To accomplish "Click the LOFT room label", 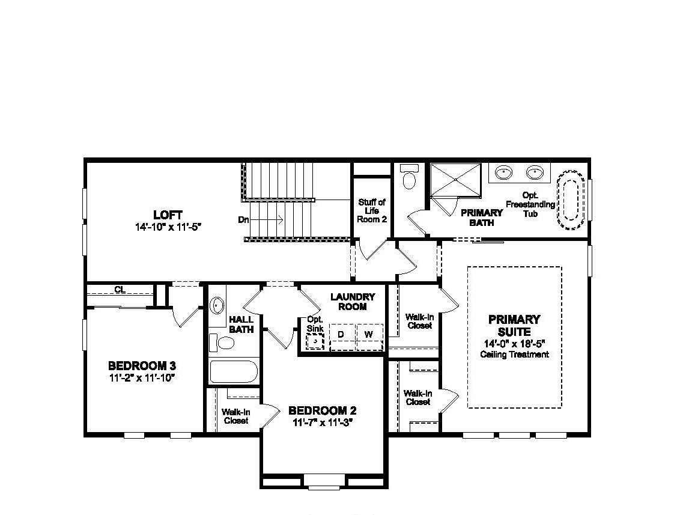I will pos(168,215).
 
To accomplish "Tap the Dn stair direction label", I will pos(243,220).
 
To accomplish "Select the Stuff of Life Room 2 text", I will pos(372,211).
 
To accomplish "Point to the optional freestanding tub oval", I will pos(570,201).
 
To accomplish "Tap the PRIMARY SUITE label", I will pos(514,325).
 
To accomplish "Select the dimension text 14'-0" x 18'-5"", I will pos(514,344).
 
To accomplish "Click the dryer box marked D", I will pos(341,334).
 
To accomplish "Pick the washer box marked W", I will pos(369,334).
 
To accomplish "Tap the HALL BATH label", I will pos(241,325).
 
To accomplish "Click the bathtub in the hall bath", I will pos(234,371).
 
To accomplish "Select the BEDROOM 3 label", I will pos(142,365).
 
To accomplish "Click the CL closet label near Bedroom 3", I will pos(120,290).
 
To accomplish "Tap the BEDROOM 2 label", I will pos(323,411).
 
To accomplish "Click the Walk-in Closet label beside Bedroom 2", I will pos(236,416).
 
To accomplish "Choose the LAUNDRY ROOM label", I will pos(353,301).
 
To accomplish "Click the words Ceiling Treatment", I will pos(514,355).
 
